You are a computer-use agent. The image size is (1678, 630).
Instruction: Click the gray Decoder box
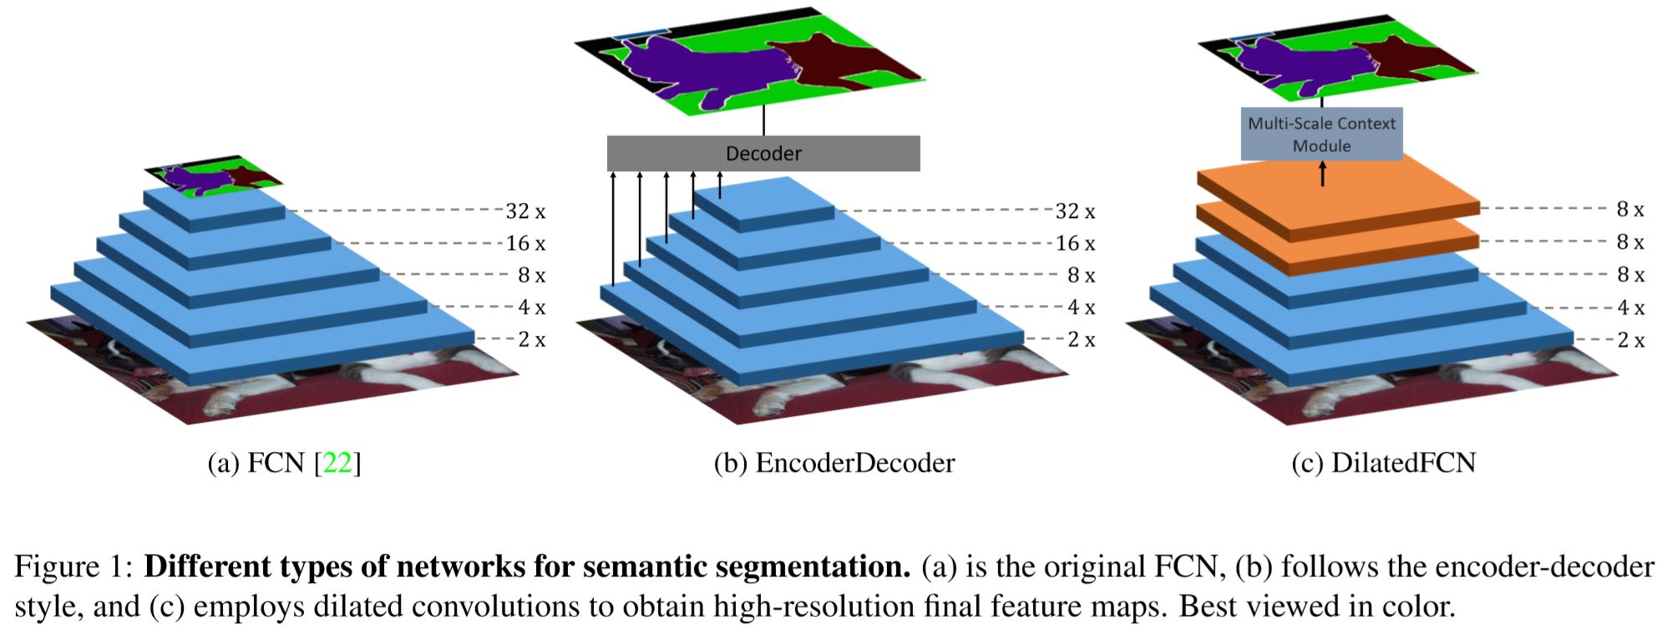pos(763,154)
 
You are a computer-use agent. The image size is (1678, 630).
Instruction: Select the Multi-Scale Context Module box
pos(1321,134)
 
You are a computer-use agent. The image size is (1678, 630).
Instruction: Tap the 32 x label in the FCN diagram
pos(525,211)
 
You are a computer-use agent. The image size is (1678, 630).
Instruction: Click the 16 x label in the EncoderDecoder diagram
pos(1075,243)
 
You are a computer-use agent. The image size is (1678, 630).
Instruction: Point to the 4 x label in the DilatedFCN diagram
pos(1630,307)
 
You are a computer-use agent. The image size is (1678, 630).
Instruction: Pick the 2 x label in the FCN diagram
pos(531,339)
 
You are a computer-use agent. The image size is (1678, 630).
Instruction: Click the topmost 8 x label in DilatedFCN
pos(1630,210)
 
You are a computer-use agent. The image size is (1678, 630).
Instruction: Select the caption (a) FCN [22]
pos(284,462)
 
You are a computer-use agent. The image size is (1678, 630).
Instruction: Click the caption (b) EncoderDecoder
pos(834,462)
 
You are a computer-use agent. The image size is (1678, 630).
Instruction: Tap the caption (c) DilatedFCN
pos(1383,462)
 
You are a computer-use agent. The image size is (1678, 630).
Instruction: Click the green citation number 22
pos(337,462)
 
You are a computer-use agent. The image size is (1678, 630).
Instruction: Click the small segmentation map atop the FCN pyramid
pos(215,175)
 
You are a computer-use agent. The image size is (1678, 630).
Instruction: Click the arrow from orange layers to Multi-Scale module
pos(1322,173)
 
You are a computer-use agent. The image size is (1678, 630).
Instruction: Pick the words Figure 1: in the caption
pos(74,567)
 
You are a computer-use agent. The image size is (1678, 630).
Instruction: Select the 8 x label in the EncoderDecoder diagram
pos(1081,275)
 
